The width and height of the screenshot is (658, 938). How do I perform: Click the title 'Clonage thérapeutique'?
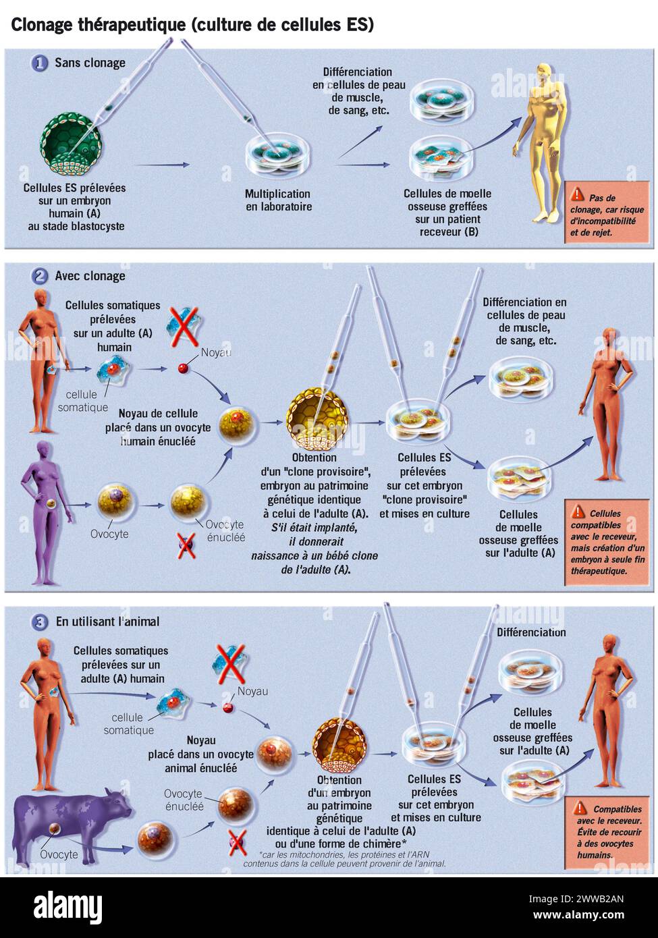click(98, 25)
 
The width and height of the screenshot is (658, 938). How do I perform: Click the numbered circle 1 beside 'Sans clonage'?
click(40, 63)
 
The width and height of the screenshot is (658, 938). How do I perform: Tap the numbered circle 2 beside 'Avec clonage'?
click(40, 276)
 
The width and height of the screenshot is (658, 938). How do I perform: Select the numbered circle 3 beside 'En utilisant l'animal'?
click(40, 621)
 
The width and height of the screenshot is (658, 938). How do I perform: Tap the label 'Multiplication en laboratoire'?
click(278, 200)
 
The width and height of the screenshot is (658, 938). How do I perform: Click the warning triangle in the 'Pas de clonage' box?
click(577, 195)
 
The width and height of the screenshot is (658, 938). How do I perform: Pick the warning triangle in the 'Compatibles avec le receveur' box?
click(580, 808)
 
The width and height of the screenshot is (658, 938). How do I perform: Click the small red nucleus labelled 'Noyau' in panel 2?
click(182, 368)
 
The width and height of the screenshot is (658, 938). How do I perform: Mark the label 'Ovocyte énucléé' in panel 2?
click(225, 530)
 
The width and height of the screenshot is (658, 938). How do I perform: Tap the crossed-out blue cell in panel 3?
click(230, 663)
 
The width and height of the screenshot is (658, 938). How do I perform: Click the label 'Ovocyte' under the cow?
click(59, 854)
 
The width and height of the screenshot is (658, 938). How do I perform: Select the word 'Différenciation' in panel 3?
click(531, 632)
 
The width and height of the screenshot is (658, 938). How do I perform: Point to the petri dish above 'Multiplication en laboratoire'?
click(278, 155)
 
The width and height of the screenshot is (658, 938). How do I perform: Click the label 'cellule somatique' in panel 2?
click(82, 401)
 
